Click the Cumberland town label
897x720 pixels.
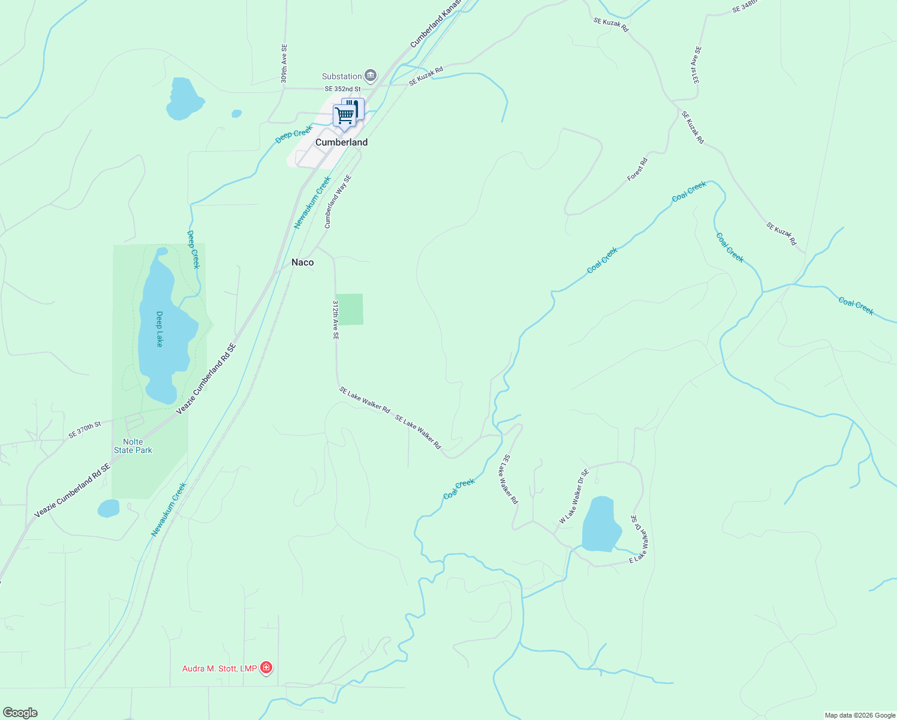tap(341, 142)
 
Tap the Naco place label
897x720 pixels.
tap(302, 262)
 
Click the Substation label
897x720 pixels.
tap(342, 76)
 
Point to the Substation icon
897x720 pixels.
tap(371, 76)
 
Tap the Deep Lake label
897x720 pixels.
tap(159, 329)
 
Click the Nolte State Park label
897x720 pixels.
tap(133, 446)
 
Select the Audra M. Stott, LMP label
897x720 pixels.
tap(219, 668)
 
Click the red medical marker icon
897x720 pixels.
tap(266, 668)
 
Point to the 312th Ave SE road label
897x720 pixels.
tap(336, 320)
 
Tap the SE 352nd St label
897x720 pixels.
tap(343, 89)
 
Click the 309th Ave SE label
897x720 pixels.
tap(284, 64)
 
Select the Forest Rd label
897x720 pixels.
tap(637, 169)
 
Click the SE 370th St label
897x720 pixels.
tap(85, 430)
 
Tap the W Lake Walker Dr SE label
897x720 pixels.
tap(574, 497)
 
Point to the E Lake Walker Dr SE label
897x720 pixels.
tap(639, 539)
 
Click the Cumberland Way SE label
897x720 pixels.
tap(338, 202)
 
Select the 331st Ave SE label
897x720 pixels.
tap(695, 65)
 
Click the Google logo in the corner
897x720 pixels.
tap(20, 713)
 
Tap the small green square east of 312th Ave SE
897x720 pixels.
tap(350, 310)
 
